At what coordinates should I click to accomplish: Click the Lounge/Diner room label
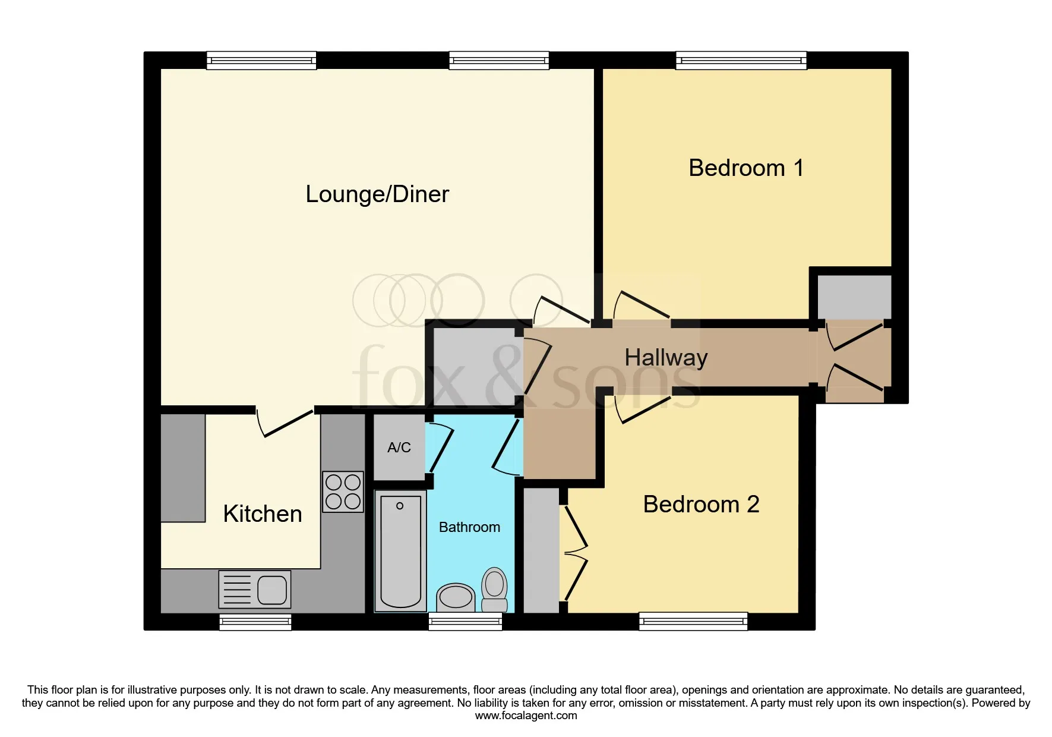tap(377, 194)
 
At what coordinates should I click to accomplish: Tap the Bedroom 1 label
tap(746, 168)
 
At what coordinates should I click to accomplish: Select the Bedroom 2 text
tap(701, 505)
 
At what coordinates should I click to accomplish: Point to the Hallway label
tap(666, 358)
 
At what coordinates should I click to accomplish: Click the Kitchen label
tap(263, 514)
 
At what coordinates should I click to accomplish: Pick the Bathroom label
tap(469, 527)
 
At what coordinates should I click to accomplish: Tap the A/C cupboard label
tap(399, 448)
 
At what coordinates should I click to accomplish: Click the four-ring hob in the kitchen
tap(343, 492)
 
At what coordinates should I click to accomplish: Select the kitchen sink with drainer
tap(255, 590)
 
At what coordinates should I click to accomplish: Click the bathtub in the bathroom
tap(401, 552)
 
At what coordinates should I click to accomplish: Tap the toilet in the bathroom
tap(494, 590)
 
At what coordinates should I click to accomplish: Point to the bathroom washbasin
tap(456, 597)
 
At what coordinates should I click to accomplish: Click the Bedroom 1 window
tap(741, 61)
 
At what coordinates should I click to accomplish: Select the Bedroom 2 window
tap(693, 622)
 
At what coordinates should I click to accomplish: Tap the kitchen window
tap(255, 622)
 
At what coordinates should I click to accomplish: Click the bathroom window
tap(466, 622)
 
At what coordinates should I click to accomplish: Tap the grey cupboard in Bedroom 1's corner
tap(854, 297)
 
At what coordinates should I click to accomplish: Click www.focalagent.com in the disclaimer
tap(526, 716)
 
